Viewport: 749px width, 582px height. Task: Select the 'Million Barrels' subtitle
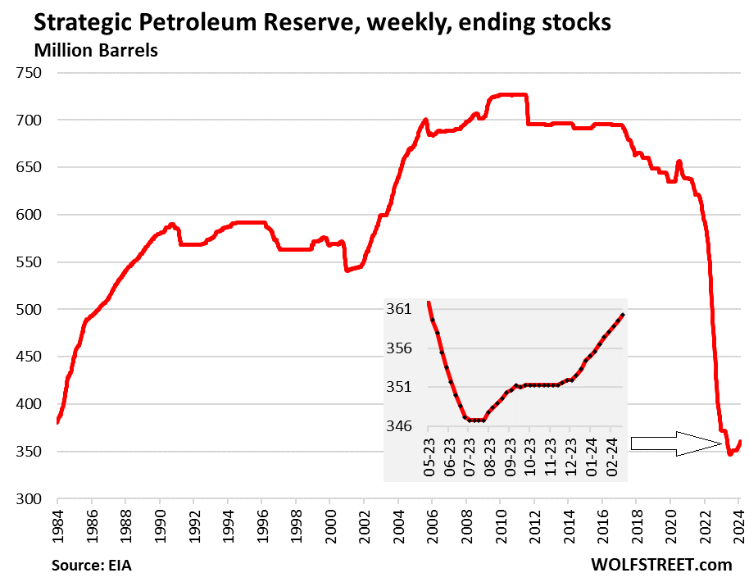96,50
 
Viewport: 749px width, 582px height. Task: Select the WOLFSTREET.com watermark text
660,565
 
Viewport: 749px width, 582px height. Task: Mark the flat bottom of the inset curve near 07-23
474,420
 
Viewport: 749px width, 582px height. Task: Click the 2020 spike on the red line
679,162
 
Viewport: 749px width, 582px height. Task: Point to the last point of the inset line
624,315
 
